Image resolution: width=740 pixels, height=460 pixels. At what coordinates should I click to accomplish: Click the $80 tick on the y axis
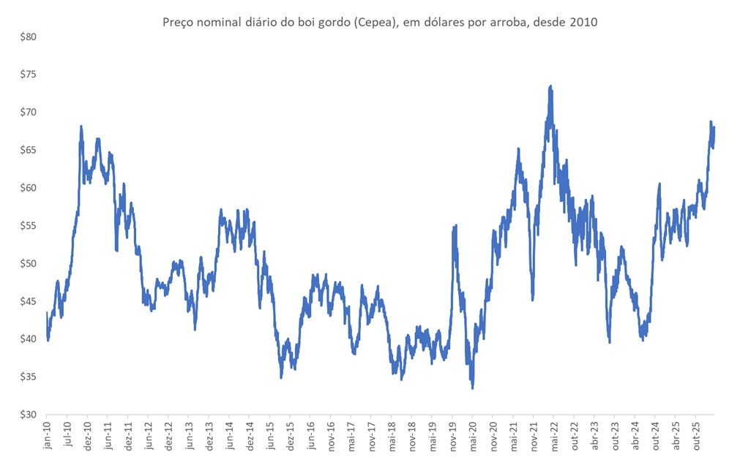27,37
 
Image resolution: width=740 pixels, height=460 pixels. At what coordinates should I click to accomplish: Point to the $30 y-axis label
27,415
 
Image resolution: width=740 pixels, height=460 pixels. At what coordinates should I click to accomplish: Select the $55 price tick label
27,225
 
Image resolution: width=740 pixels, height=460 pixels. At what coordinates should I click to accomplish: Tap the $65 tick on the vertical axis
27,150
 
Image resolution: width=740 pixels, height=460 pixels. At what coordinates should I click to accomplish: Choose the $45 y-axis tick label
27,301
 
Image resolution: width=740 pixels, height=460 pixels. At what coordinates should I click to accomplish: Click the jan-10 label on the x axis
48,434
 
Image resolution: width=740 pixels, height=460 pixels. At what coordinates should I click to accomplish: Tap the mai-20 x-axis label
473,434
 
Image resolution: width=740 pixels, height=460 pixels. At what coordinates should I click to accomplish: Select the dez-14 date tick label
250,434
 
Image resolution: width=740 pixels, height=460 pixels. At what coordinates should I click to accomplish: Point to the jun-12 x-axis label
149,434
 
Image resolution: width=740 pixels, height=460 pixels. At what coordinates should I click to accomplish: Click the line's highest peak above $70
550,86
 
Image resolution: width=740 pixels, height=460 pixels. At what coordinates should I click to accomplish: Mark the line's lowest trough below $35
472,388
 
